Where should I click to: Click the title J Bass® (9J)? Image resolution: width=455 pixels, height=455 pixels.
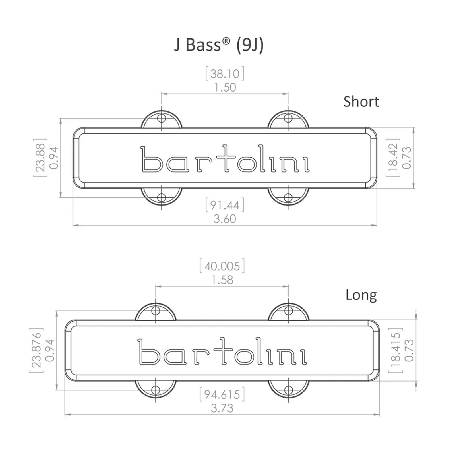[x=219, y=45]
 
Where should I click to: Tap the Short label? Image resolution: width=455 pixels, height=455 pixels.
[x=361, y=102]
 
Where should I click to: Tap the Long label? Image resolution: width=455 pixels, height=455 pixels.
[x=361, y=295]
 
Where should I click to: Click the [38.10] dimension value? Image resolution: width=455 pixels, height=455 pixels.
[x=225, y=74]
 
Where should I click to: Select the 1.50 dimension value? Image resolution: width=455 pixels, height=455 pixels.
[x=225, y=88]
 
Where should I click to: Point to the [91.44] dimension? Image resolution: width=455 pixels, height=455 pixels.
[x=225, y=205]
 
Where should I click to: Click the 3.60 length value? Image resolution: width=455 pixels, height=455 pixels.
[x=225, y=219]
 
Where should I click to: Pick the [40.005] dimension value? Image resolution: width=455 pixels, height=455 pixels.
[x=222, y=266]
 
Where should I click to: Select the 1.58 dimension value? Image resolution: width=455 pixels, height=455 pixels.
[x=222, y=280]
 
